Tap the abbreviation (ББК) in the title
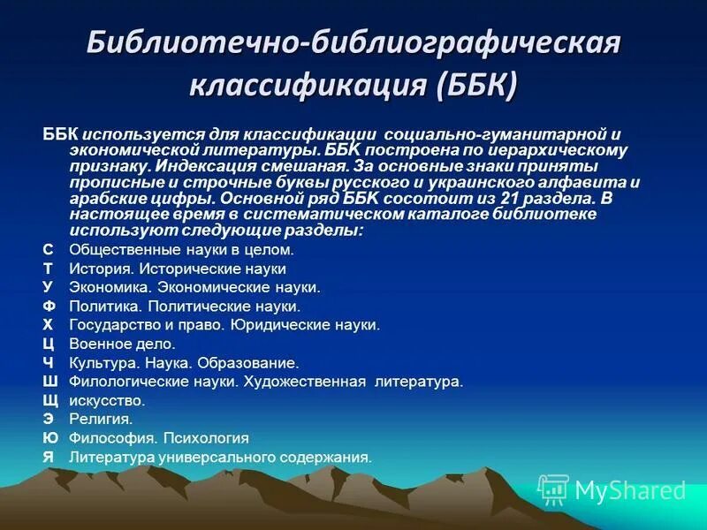(x=475, y=86)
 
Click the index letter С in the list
(x=48, y=250)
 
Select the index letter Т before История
(x=48, y=269)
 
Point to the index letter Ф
(x=49, y=306)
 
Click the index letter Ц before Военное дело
(x=49, y=344)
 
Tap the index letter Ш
(x=49, y=382)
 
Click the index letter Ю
(x=50, y=437)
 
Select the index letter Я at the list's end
(x=48, y=457)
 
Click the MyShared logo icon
(x=553, y=488)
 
